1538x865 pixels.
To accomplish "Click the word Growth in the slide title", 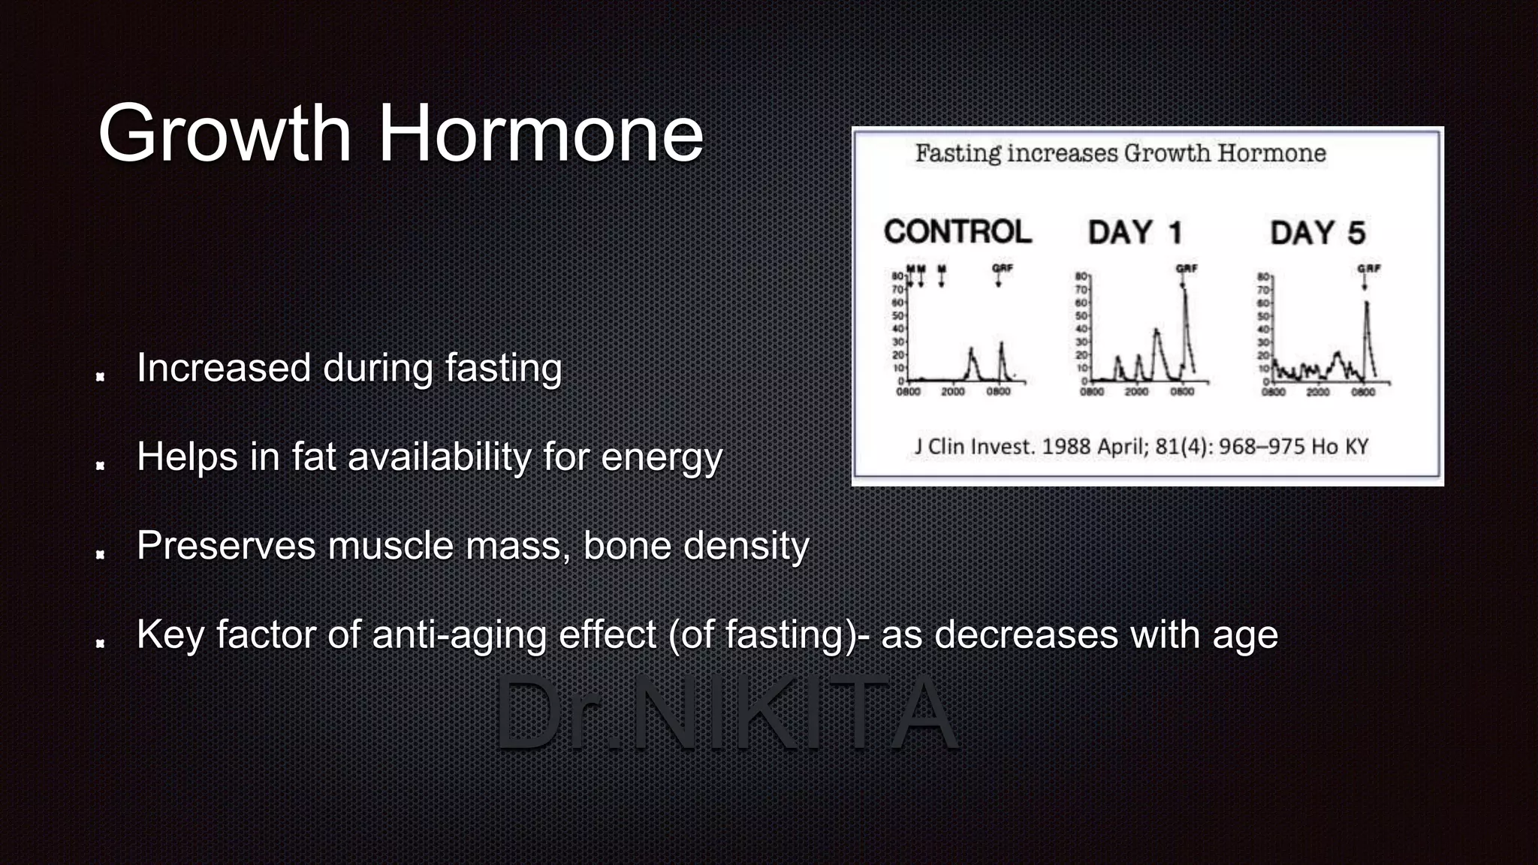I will click(225, 134).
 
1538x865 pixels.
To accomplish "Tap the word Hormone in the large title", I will click(541, 134).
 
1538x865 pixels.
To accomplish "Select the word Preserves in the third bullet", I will click(226, 545).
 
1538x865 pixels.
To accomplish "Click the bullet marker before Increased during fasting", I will click(100, 375).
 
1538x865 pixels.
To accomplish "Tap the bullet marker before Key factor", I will click(100, 642).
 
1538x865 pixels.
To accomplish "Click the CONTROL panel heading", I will click(957, 231).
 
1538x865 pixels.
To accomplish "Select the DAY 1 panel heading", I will click(1135, 232).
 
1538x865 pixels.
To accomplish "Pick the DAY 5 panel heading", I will click(1318, 232).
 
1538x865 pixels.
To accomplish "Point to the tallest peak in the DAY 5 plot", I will click(1366, 303).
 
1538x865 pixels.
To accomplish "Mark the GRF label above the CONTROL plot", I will click(1002, 268).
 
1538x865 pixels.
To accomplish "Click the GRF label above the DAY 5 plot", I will click(1368, 268).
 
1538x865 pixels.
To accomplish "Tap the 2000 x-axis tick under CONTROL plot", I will click(953, 391).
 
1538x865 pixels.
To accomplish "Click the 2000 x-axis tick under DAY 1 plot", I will click(1136, 391).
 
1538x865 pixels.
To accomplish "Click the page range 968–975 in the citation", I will click(1262, 447).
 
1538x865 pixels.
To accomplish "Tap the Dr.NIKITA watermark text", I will click(725, 713).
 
